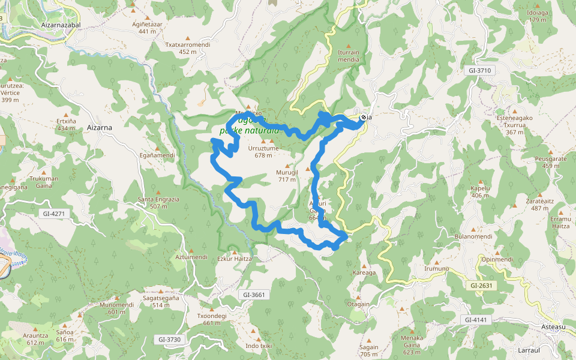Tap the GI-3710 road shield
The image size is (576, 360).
478,70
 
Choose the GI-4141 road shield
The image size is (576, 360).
476,320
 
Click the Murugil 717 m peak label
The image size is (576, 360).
287,176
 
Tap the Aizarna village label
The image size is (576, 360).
100,127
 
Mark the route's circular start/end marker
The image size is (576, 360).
364,118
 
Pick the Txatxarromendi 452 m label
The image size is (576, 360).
188,48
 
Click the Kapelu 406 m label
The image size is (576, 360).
480,191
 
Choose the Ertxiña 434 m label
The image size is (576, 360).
66,124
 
